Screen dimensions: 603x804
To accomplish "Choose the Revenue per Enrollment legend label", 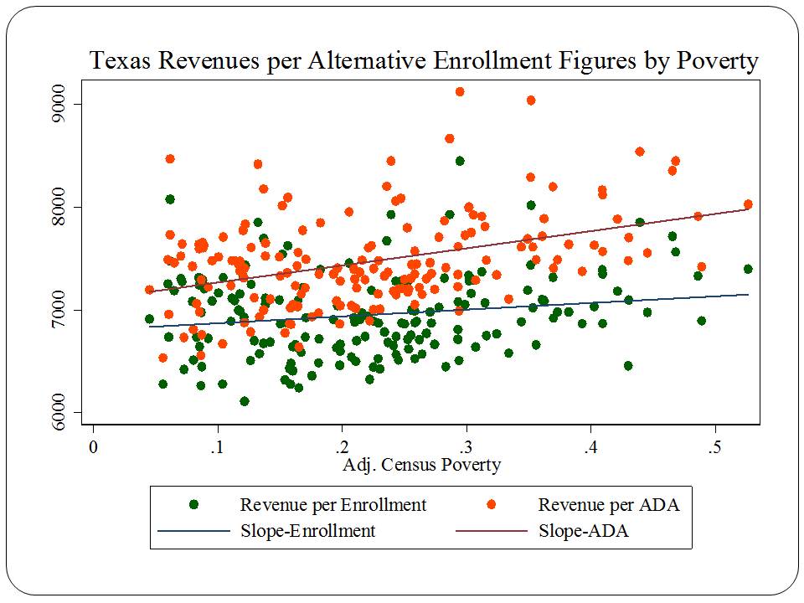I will [332, 505].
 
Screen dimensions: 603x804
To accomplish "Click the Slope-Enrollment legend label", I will [307, 531].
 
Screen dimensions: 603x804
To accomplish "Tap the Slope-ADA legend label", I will [584, 531].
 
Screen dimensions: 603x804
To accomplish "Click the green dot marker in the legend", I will [194, 505].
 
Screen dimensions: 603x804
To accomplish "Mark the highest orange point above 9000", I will [460, 92].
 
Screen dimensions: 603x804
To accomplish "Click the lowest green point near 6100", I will [245, 401].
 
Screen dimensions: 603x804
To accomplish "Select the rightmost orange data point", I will [748, 204].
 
